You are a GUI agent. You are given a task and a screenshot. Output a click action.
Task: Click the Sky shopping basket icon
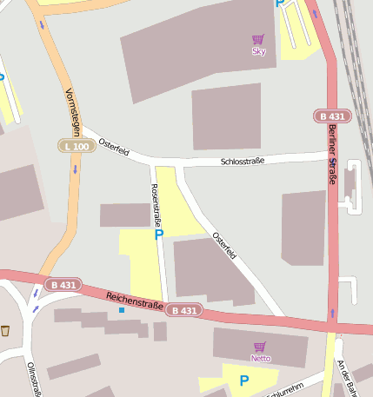[257, 39]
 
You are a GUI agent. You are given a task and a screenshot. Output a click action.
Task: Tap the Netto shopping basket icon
[260, 347]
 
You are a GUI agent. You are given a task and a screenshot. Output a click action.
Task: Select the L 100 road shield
[77, 146]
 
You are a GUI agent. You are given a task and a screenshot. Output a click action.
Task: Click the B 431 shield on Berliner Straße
[330, 116]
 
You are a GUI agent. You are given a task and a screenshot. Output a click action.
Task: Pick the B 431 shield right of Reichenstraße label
[184, 310]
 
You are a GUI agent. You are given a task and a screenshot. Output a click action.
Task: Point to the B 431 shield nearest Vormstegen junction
[63, 284]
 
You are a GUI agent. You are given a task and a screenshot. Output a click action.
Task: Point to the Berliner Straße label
[332, 155]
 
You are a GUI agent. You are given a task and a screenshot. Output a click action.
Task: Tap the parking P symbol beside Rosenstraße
[158, 234]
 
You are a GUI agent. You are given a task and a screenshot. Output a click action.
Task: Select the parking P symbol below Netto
[243, 380]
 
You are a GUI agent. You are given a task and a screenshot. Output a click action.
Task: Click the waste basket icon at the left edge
[6, 330]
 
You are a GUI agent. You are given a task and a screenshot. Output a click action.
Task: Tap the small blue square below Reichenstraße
[122, 310]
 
